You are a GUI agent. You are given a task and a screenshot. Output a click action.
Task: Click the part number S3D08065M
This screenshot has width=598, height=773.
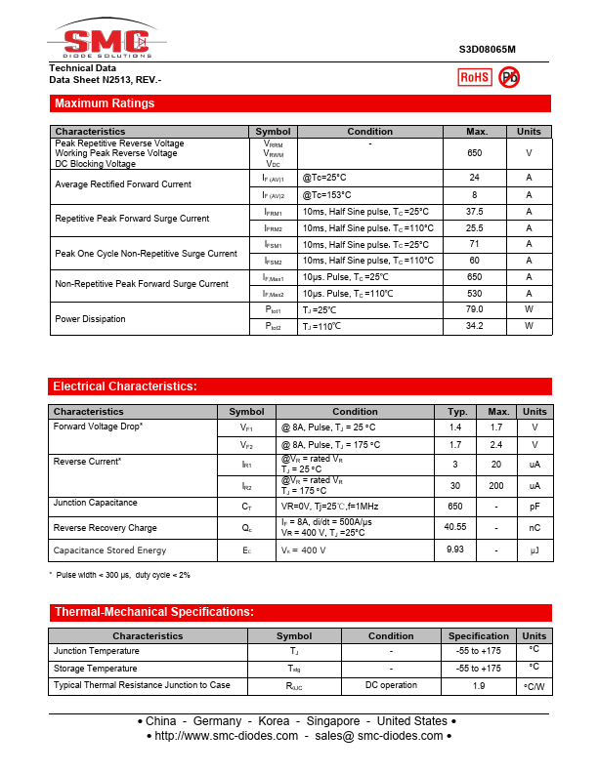pos(487,49)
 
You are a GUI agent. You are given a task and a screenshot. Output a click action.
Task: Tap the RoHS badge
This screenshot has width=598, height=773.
pos(475,77)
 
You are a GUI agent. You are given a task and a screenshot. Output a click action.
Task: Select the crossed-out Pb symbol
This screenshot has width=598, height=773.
pos(509,77)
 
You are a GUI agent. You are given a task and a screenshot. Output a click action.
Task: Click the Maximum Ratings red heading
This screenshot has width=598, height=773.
pos(105,103)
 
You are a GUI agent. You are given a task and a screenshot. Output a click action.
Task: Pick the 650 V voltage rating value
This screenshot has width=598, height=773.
pos(475,153)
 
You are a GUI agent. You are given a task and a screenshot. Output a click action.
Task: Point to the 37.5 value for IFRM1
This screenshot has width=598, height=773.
pos(475,212)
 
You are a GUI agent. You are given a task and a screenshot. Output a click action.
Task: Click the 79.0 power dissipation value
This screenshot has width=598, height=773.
pos(475,310)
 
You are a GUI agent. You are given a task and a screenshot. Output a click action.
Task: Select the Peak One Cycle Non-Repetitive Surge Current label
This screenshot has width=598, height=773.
pos(146,253)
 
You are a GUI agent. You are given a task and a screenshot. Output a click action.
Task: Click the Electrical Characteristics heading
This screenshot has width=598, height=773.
pos(125,386)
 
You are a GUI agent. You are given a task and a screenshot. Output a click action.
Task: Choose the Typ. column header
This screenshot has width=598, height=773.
pos(455,412)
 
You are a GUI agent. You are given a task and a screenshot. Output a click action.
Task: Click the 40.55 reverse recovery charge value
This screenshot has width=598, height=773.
pos(455,527)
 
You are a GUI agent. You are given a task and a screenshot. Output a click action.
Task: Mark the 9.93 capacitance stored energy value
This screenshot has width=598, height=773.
pos(455,550)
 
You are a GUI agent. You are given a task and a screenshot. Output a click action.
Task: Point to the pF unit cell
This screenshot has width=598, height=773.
pos(535,507)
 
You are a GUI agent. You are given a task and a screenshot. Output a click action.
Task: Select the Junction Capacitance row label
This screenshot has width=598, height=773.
pos(95,504)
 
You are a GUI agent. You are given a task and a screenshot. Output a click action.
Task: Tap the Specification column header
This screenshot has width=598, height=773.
pos(479,636)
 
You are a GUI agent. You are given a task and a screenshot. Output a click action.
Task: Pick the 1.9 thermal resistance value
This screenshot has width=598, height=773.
pos(479,686)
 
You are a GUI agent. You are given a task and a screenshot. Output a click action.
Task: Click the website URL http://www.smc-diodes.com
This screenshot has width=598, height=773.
pos(226,736)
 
